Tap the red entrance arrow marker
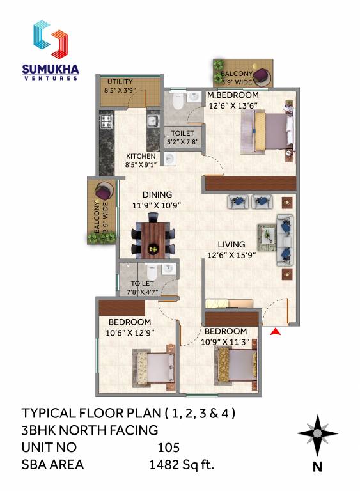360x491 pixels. click(276, 331)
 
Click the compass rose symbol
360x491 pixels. click(317, 435)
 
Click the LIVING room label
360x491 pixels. click(231, 244)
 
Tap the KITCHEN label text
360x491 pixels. click(141, 156)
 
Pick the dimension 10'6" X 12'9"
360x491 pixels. click(130, 332)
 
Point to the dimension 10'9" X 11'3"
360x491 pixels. click(226, 341)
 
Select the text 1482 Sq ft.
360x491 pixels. click(182, 465)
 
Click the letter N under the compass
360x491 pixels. click(317, 467)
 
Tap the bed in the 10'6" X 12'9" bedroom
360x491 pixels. click(153, 369)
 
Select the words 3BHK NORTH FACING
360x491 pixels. click(90, 430)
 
